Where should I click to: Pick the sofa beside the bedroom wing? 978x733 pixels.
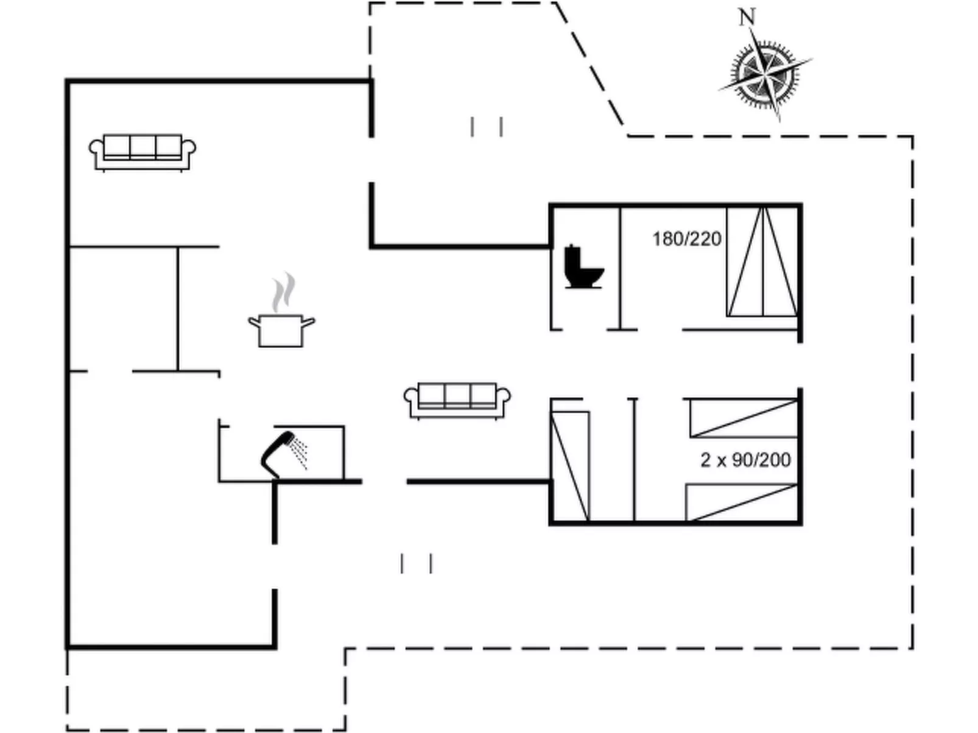pyautogui.click(x=457, y=400)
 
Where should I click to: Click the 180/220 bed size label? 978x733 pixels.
pyautogui.click(x=686, y=239)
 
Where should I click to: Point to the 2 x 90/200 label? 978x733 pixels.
pyautogui.click(x=745, y=460)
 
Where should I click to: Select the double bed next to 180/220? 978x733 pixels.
pyautogui.click(x=762, y=262)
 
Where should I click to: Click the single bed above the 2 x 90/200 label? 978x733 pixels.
pyautogui.click(x=743, y=418)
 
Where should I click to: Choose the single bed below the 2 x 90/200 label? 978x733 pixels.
pyautogui.click(x=742, y=502)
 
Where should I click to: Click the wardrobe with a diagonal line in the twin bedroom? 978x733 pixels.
pyautogui.click(x=570, y=466)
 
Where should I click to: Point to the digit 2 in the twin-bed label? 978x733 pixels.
pyautogui.click(x=705, y=460)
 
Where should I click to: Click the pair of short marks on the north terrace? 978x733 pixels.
pyautogui.click(x=486, y=127)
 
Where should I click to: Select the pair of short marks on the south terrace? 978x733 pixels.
pyautogui.click(x=417, y=563)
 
